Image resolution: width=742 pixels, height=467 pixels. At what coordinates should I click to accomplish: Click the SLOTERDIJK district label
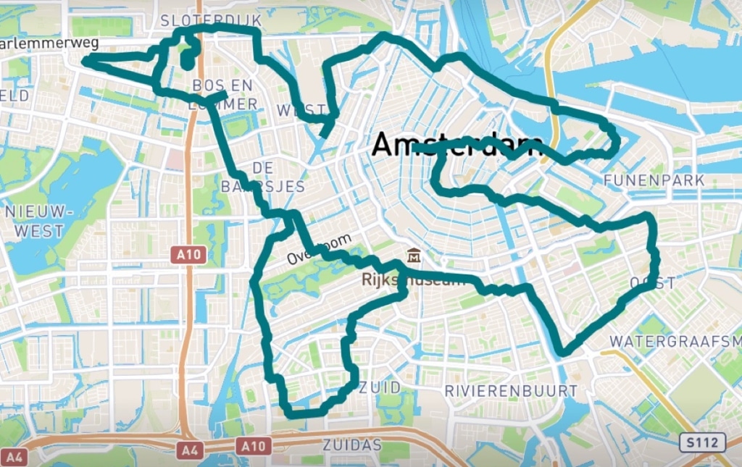(211, 20)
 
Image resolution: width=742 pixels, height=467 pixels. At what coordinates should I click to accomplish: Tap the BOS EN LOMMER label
(224, 95)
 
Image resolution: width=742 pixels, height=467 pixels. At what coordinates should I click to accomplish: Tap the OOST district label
(652, 283)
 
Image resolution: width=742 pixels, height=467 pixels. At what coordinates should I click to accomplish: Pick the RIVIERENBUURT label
(511, 391)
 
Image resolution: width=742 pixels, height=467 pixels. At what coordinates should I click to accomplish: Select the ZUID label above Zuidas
(379, 388)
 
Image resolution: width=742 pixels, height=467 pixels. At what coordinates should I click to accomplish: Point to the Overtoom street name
(320, 249)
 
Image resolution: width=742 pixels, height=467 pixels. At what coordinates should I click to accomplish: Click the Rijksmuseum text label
(414, 280)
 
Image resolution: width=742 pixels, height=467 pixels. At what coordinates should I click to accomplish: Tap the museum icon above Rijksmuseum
(414, 256)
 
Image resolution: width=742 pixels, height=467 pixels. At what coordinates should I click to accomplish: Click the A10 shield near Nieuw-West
(190, 255)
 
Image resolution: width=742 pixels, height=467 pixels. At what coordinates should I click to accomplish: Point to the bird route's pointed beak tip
(84, 62)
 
